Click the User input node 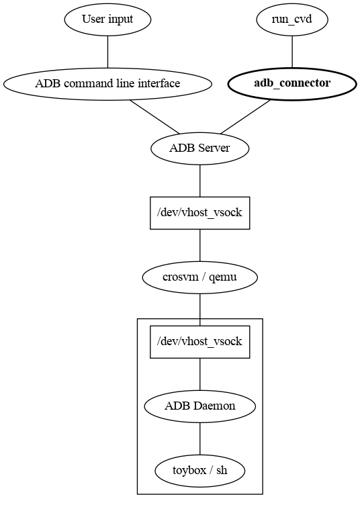pyautogui.click(x=107, y=19)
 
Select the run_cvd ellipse pyautogui.click(x=291, y=19)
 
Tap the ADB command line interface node pyautogui.click(x=107, y=84)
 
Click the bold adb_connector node pyautogui.click(x=291, y=84)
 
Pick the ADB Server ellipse pyautogui.click(x=200, y=148)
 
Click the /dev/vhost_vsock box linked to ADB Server pyautogui.click(x=200, y=213)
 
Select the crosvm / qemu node pyautogui.click(x=200, y=277)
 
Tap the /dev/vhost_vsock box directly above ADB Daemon pyautogui.click(x=200, y=342)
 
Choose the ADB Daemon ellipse pyautogui.click(x=200, y=406)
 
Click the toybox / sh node pyautogui.click(x=200, y=471)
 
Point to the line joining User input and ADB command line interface pyautogui.click(x=107, y=52)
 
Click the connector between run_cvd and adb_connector pyautogui.click(x=291, y=52)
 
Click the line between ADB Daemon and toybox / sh pyautogui.click(x=200, y=439)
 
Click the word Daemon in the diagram pyautogui.click(x=217, y=406)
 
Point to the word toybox pyautogui.click(x=188, y=471)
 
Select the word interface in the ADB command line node pyautogui.click(x=159, y=84)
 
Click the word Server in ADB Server pyautogui.click(x=214, y=148)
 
